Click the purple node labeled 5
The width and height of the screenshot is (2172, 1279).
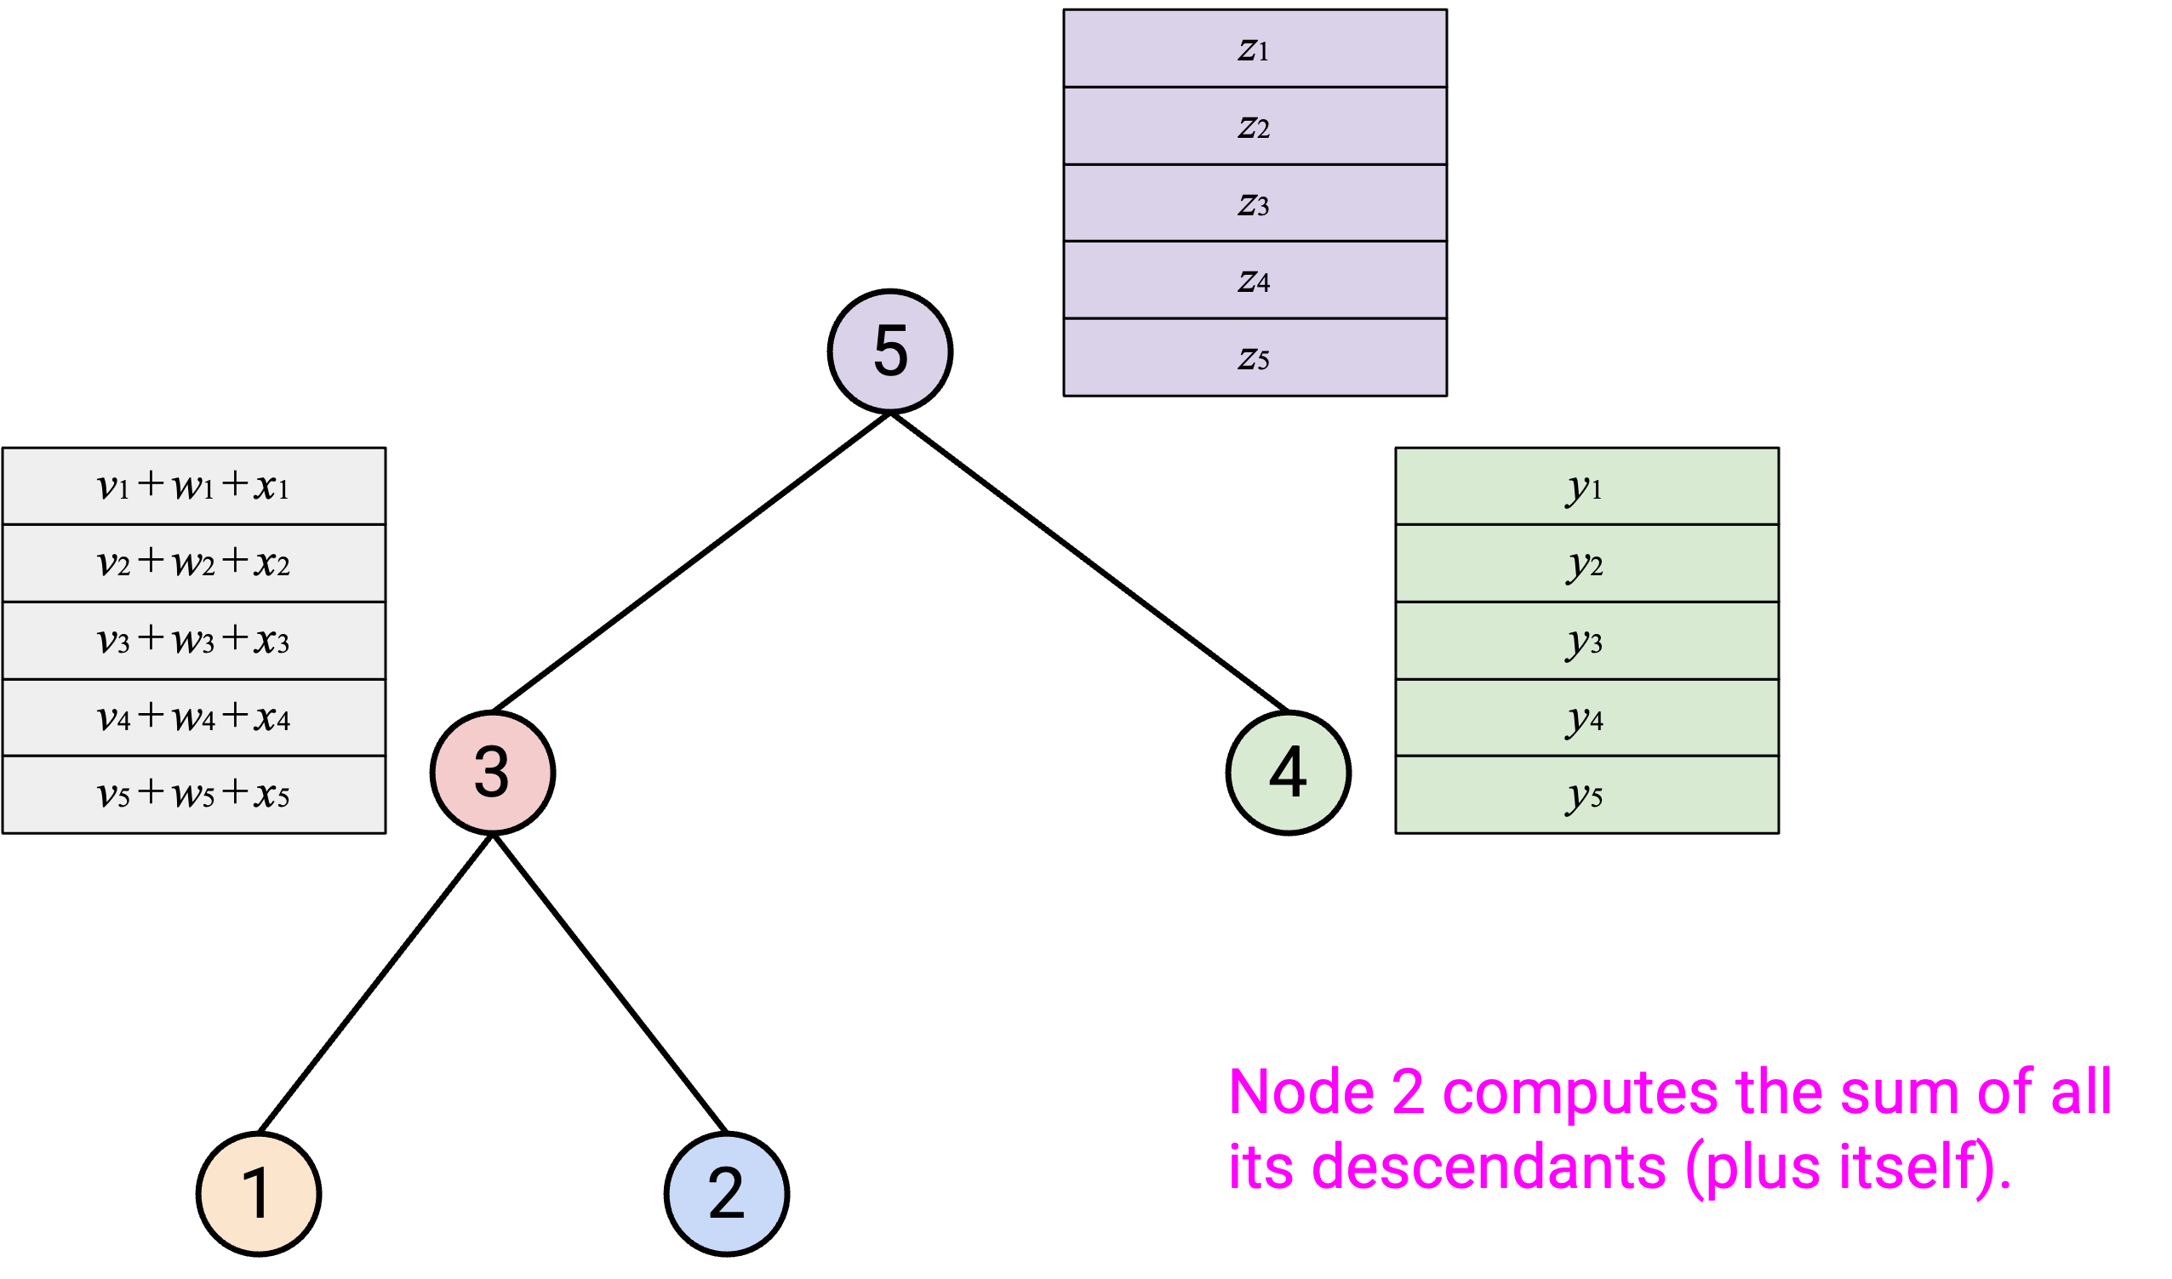pos(890,351)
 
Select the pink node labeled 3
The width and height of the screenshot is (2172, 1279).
pos(493,773)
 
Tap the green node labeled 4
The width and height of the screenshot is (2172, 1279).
pos(1289,773)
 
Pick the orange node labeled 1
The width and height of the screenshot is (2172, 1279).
pos(260,1195)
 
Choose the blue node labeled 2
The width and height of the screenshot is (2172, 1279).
pos(727,1195)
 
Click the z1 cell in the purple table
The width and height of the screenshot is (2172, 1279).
pos(1255,49)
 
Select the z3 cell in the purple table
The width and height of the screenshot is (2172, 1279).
pos(1255,203)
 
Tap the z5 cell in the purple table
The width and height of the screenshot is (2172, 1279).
pos(1255,357)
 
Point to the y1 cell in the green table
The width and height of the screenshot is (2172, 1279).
pos(1586,486)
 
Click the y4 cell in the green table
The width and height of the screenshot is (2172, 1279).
pos(1586,718)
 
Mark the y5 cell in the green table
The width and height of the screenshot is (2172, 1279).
pos(1586,795)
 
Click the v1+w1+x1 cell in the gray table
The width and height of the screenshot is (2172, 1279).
pos(194,486)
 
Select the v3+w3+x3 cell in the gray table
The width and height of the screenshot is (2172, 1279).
pos(194,641)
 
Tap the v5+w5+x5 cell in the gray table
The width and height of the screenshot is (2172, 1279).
pos(194,795)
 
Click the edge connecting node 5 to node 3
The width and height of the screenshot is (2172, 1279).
pos(691,562)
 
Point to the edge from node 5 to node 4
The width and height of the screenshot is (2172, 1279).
pos(1089,562)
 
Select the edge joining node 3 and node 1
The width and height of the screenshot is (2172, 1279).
pos(376,984)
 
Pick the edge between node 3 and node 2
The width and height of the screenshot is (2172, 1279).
pos(610,984)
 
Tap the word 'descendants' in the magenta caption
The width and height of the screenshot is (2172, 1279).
pos(1489,1168)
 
